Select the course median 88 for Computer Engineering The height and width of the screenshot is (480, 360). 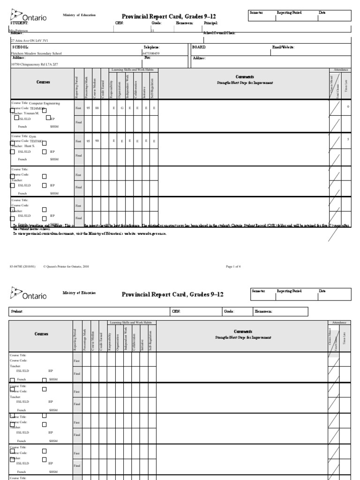97,107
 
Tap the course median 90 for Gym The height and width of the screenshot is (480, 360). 97,141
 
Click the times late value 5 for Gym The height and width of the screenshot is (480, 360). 348,139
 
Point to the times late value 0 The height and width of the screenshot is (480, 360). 348,106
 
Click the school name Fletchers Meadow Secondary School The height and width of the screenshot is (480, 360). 36,53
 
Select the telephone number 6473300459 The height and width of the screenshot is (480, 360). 150,53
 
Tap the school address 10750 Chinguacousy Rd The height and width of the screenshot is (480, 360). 33,64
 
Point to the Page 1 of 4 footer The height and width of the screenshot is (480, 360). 233,266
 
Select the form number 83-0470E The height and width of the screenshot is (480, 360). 20,266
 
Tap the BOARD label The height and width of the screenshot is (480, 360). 199,47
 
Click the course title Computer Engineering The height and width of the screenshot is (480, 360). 45,102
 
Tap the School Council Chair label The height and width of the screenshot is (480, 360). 219,33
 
